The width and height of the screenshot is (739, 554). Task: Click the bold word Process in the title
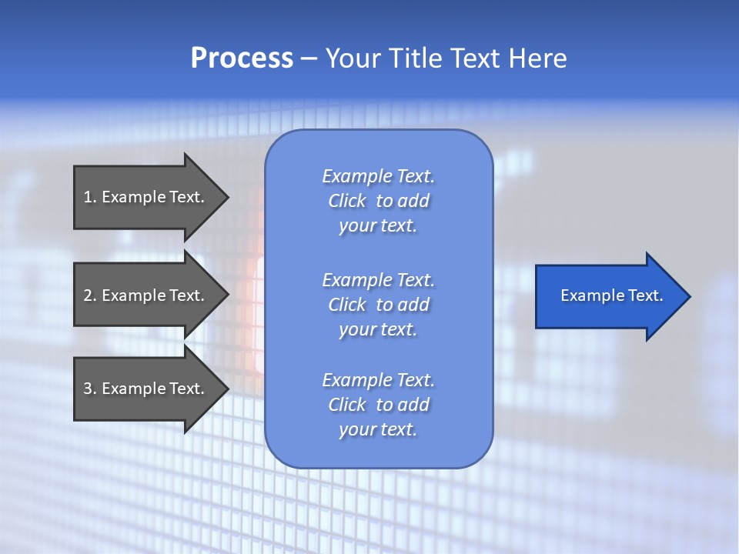[242, 58]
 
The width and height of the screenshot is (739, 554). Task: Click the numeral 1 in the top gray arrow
[89, 197]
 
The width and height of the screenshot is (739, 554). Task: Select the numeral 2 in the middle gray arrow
[89, 295]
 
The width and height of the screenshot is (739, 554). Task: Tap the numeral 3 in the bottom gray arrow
[89, 389]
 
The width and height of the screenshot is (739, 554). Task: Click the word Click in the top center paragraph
[347, 201]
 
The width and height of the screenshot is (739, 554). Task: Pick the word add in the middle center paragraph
[413, 305]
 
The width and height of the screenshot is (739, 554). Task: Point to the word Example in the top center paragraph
[356, 176]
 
